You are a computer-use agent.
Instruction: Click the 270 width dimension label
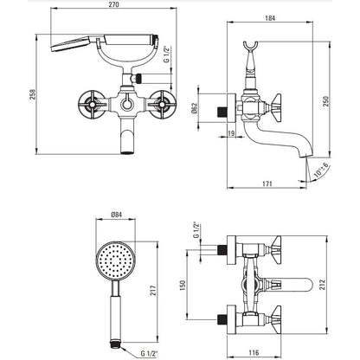114,4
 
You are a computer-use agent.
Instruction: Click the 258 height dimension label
33,94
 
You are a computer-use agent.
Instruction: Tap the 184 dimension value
270,18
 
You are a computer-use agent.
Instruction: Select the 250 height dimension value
325,101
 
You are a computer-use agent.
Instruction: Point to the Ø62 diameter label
194,108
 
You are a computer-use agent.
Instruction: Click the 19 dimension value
231,133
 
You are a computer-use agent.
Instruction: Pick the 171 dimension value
267,183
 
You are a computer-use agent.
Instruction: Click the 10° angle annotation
320,170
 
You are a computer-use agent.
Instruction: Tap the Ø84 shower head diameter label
116,215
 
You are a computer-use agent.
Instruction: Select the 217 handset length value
153,290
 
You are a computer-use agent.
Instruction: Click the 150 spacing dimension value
183,285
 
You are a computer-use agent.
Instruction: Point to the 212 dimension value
322,285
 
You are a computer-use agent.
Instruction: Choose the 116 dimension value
254,352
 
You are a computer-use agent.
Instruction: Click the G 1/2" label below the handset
149,353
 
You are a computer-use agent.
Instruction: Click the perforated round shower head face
115,260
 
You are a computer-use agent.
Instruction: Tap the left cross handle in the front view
90,104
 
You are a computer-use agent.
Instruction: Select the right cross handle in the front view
164,104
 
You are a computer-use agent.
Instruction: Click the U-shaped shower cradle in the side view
250,48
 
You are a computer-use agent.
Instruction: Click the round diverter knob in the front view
126,103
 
